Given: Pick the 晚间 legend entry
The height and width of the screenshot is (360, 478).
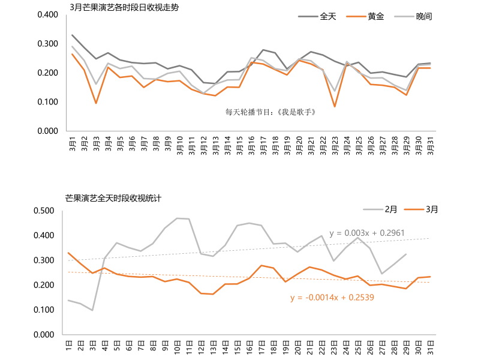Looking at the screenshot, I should pos(423,16).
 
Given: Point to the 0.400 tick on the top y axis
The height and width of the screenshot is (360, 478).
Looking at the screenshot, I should pos(47,14).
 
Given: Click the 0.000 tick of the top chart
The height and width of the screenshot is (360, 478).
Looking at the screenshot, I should pos(47,131).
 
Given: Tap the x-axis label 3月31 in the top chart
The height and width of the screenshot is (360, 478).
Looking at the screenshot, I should pos(430,145).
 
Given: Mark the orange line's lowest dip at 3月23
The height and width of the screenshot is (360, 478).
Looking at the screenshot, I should pos(335,107).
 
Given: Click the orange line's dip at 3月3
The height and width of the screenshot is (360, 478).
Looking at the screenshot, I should pos(96,103).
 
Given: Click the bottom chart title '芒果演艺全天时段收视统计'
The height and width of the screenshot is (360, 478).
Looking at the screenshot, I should pos(113,197).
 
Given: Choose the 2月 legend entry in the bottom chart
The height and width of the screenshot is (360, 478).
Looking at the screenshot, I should pos(390,209).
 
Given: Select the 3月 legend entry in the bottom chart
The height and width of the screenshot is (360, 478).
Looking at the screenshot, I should pos(431,209).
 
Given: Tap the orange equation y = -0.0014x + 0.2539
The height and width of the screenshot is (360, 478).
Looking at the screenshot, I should pos(332,297).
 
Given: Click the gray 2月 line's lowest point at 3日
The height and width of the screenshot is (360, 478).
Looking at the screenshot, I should pos(92,310).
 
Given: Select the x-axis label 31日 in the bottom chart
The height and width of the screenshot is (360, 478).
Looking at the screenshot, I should pos(430,346).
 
